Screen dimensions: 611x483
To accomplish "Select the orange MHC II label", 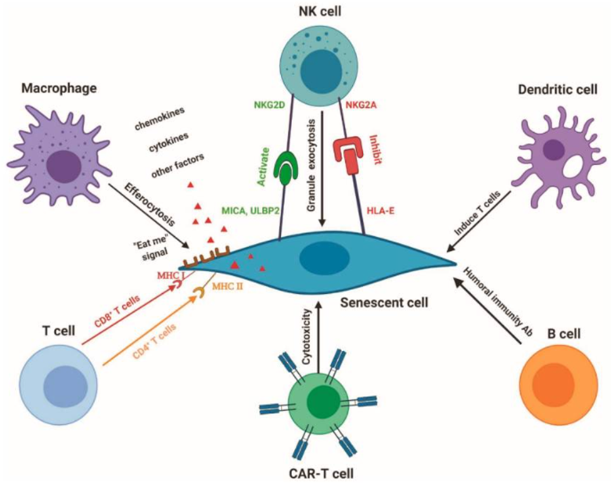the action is point(227,287).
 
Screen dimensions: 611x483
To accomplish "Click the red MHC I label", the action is point(170,276).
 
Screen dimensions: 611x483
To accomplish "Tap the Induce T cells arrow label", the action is point(483,212).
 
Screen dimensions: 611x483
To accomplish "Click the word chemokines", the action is point(160,120).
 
